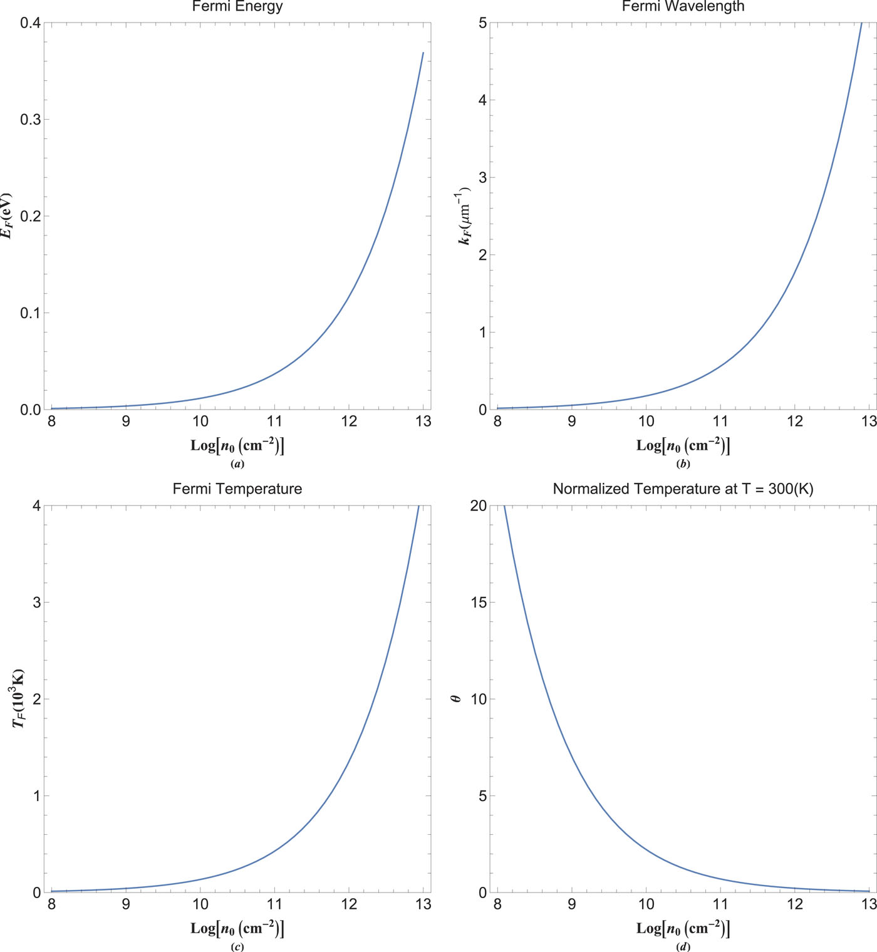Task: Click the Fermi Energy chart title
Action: point(237,7)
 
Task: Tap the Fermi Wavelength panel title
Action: point(683,7)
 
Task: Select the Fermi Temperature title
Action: point(237,489)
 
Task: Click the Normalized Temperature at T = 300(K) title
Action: point(683,489)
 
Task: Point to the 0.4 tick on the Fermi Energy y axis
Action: point(30,23)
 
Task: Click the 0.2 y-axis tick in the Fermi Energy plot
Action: point(30,216)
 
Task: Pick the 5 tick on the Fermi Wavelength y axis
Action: point(482,23)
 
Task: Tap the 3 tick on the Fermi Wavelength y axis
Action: point(482,177)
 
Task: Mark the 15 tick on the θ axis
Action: point(478,603)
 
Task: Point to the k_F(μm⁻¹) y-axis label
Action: point(465,215)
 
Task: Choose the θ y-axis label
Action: point(457,698)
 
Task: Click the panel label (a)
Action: point(237,464)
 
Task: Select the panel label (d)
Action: point(683,946)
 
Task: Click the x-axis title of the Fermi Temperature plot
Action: point(237,928)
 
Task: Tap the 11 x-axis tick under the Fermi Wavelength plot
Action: point(720,422)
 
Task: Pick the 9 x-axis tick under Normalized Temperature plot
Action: point(572,904)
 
